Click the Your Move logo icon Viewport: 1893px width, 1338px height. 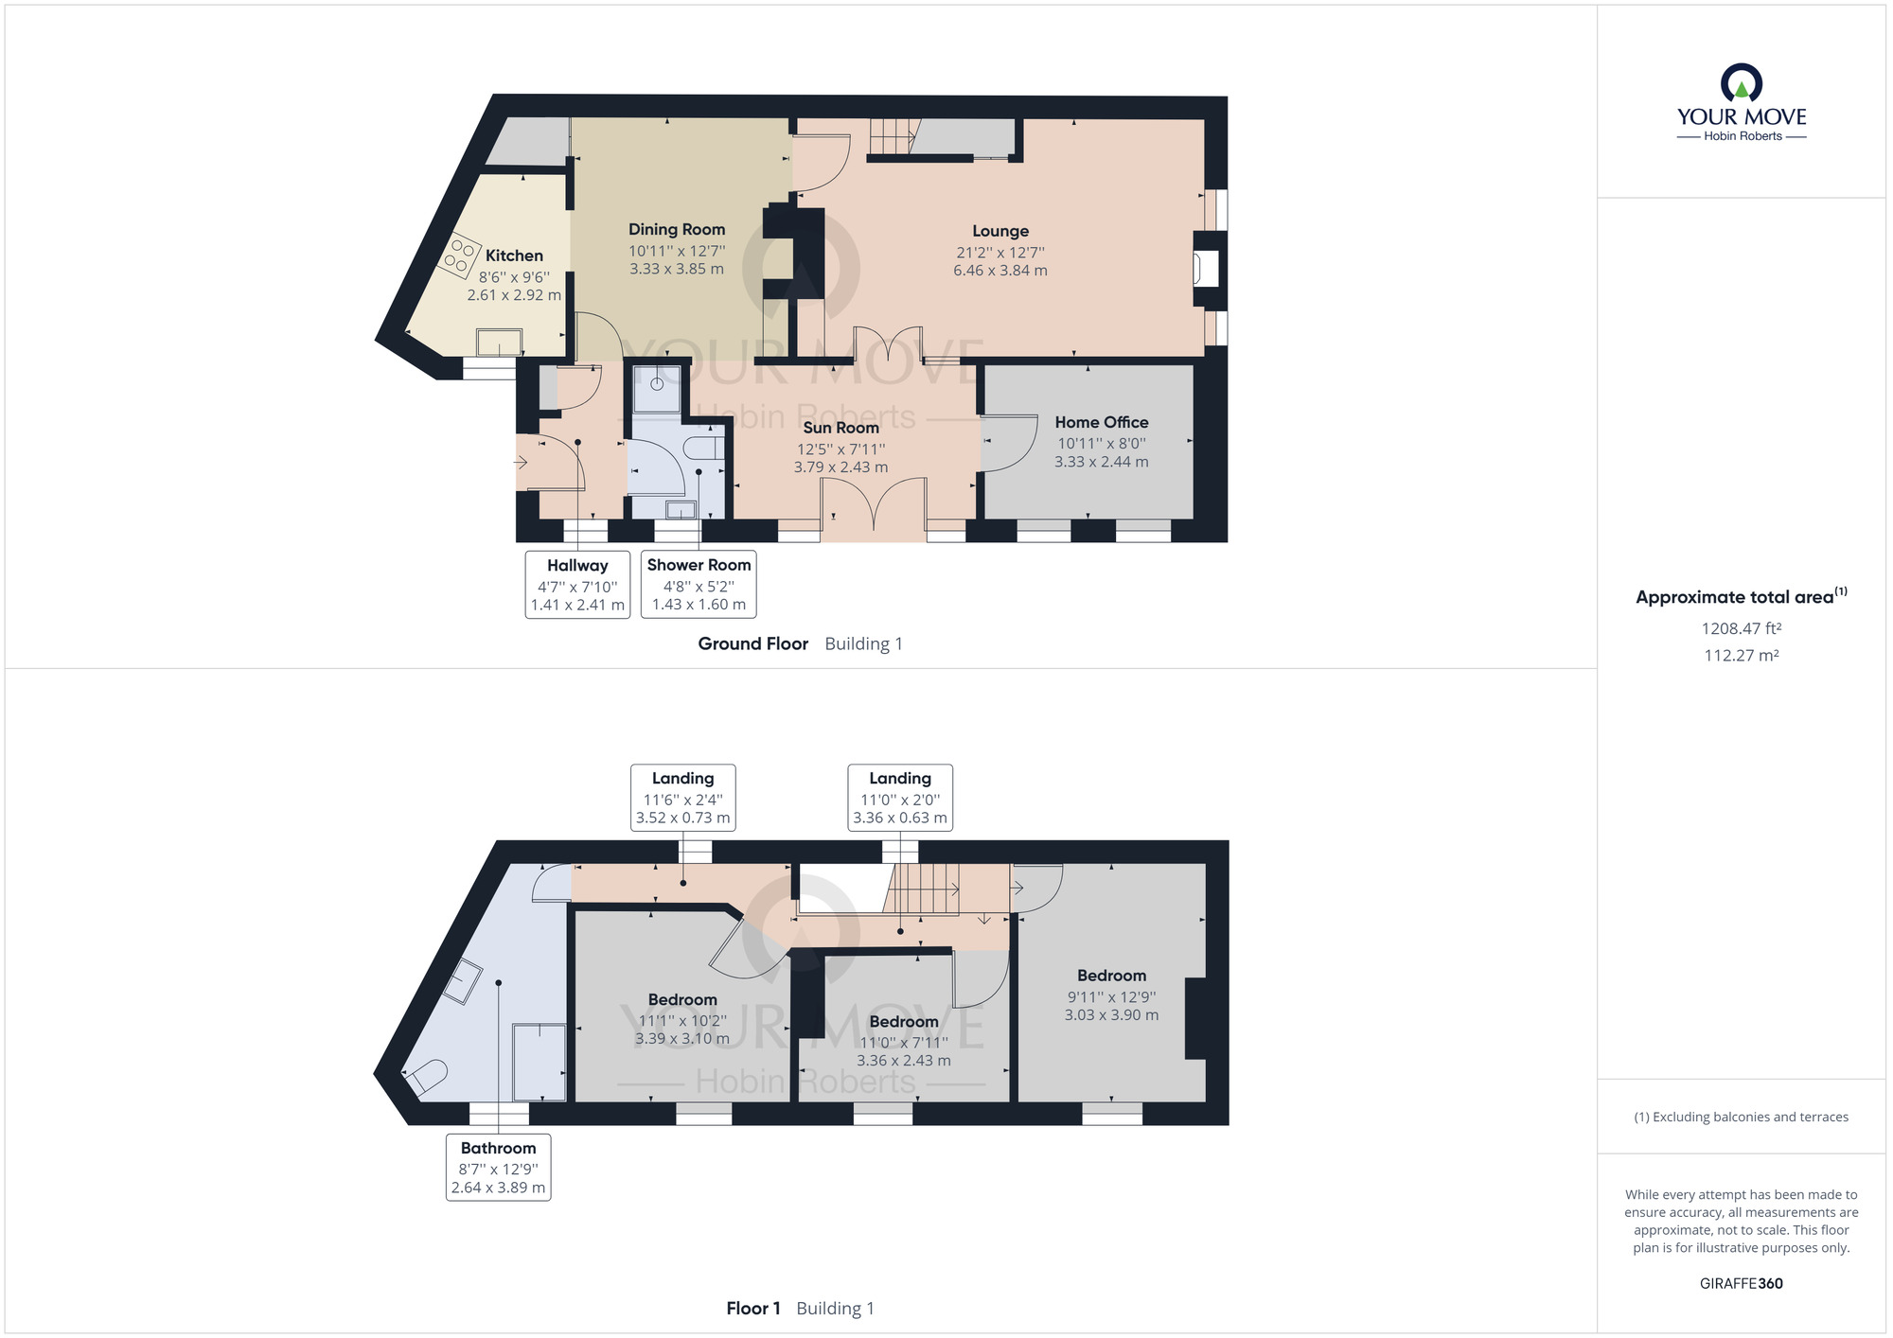(1742, 82)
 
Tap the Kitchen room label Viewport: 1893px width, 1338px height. (514, 255)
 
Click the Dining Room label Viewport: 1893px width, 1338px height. (677, 229)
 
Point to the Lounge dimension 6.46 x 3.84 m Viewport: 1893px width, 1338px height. (1000, 271)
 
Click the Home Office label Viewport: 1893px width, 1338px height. (1102, 422)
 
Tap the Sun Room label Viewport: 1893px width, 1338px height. (840, 428)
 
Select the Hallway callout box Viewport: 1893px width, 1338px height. (577, 585)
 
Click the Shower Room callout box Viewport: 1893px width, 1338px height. (699, 585)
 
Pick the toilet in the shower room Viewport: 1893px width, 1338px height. (705, 447)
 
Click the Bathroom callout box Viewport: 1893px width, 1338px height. (499, 1168)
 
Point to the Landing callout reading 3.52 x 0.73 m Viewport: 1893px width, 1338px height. (683, 798)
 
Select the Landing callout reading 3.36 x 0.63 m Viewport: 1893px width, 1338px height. (900, 798)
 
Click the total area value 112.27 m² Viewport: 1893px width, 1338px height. (1742, 655)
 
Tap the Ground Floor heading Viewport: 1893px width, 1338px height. (753, 643)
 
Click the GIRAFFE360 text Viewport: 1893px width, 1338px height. (1742, 1283)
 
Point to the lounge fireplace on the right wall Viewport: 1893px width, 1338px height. (1206, 269)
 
